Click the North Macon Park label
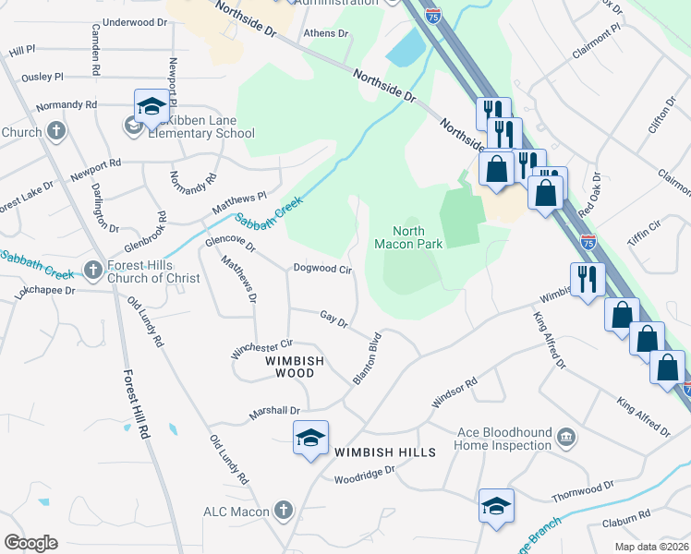click(407, 237)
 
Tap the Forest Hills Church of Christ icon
click(91, 270)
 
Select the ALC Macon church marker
click(283, 511)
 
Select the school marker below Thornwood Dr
click(496, 506)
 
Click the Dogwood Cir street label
click(323, 270)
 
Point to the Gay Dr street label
click(333, 319)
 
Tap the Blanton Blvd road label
click(367, 359)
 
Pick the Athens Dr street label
click(327, 33)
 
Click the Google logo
click(30, 543)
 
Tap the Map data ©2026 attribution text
click(651, 547)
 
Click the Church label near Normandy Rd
click(21, 132)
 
